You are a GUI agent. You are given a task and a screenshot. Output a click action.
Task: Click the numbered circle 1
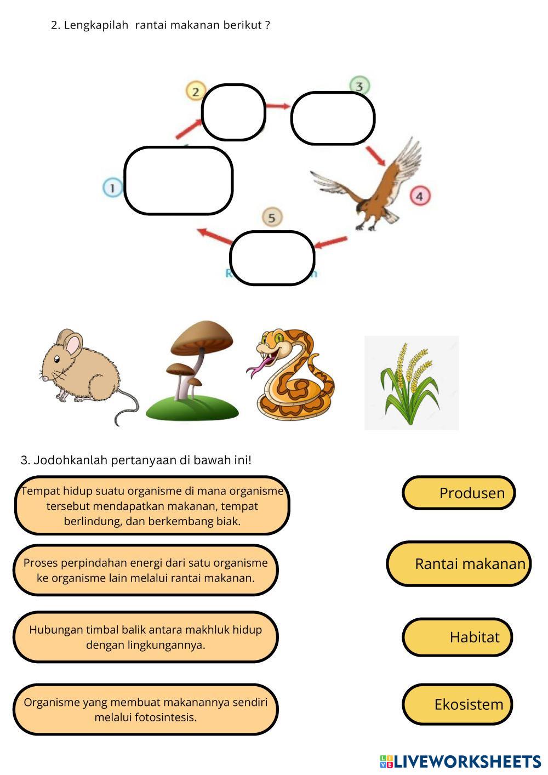pyautogui.click(x=112, y=188)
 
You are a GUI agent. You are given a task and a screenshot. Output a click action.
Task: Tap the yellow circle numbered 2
pyautogui.click(x=195, y=91)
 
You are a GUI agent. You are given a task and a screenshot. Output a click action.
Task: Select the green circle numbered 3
pyautogui.click(x=359, y=86)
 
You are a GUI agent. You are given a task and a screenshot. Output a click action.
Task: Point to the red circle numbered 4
pyautogui.click(x=420, y=196)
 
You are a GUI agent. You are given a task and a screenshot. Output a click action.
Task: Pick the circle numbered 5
pyautogui.click(x=272, y=218)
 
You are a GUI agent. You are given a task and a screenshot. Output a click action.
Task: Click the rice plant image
pyautogui.click(x=411, y=383)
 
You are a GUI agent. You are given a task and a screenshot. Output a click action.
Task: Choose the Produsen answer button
pyautogui.click(x=459, y=493)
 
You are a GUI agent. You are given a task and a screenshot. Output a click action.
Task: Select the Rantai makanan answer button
pyautogui.click(x=459, y=563)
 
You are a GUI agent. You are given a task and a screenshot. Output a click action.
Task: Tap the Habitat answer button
pyautogui.click(x=458, y=637)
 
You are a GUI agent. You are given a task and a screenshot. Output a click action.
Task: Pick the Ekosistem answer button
pyautogui.click(x=458, y=704)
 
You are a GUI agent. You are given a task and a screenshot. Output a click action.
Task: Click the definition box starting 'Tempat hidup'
pyautogui.click(x=152, y=505)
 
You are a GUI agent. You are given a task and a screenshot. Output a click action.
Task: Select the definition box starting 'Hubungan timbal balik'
pyautogui.click(x=146, y=637)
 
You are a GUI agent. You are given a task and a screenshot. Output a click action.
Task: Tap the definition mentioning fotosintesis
pyautogui.click(x=146, y=709)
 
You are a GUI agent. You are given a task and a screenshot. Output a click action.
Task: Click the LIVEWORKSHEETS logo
pyautogui.click(x=460, y=761)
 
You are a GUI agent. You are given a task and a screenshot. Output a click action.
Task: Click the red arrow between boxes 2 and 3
pyautogui.click(x=278, y=106)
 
